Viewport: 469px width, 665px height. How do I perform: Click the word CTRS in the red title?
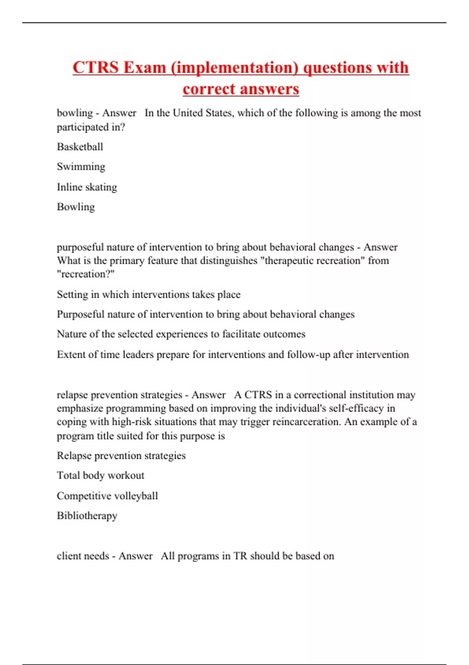point(95,67)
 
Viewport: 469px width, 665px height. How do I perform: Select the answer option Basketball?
point(80,147)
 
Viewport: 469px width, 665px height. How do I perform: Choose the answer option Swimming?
point(81,167)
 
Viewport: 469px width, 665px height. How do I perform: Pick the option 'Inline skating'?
point(87,187)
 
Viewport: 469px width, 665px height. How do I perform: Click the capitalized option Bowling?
point(76,207)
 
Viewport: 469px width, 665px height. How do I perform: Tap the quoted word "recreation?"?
point(86,274)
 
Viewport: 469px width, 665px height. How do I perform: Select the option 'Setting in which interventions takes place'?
point(149,294)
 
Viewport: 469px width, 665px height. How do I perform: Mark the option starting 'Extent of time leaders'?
point(233,354)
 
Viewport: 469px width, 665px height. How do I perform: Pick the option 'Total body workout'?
point(100,475)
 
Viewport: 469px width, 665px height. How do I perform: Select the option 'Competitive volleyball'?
point(107,496)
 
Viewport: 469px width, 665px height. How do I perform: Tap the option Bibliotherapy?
point(87,516)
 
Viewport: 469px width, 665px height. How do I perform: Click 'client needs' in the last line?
point(83,556)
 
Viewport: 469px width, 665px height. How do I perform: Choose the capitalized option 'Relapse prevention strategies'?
point(121,456)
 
